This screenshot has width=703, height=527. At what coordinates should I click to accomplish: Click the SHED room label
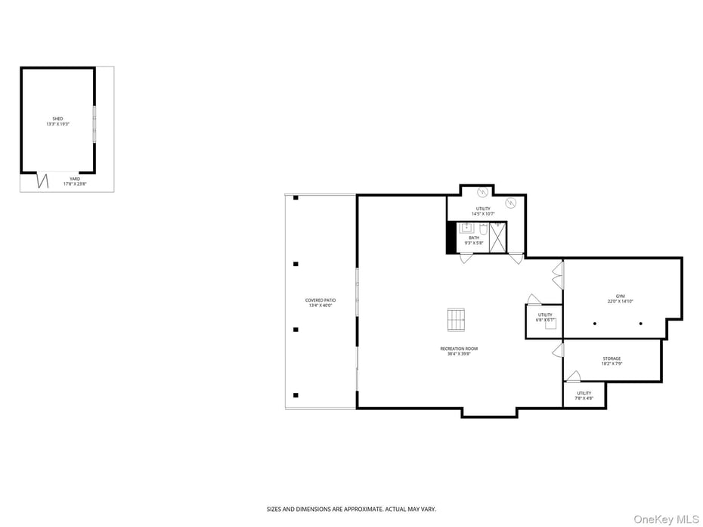[x=57, y=119]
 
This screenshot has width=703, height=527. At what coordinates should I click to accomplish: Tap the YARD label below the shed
[x=75, y=179]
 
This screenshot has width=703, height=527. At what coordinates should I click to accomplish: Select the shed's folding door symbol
[x=43, y=181]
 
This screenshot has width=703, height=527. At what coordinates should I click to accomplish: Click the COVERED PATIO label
[x=320, y=300]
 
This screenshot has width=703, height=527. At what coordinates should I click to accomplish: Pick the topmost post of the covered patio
[x=296, y=198]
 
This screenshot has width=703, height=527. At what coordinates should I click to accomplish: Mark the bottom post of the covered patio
[x=296, y=395]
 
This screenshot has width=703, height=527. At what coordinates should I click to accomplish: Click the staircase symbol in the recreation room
[x=456, y=320]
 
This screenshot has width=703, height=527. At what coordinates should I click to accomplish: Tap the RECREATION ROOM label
[x=459, y=349]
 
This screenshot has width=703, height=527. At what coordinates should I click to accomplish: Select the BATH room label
[x=473, y=237]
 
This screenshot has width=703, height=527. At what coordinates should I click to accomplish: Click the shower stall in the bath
[x=497, y=237]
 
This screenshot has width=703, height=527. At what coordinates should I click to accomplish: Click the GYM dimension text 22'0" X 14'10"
[x=620, y=301]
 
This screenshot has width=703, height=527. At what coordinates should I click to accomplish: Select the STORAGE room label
[x=612, y=358]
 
